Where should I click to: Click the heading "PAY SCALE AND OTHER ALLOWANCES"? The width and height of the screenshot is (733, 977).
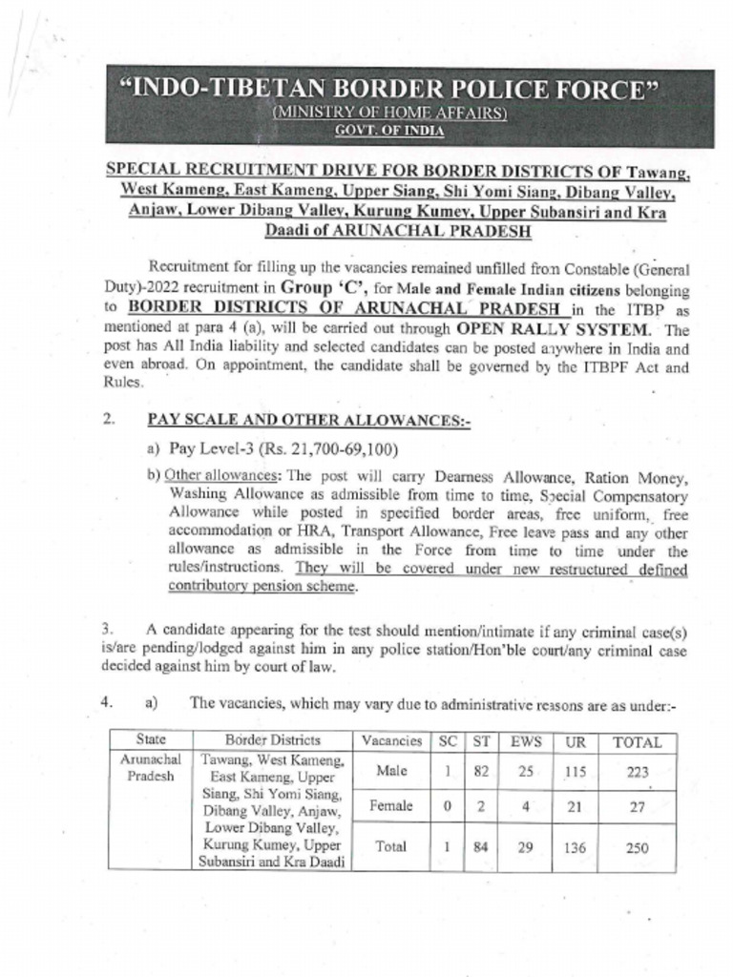coord(308,420)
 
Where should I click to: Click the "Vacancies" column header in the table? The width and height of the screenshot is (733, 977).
coord(391,740)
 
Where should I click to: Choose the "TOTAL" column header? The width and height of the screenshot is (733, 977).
coord(637,741)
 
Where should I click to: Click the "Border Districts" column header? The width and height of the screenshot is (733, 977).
coord(273,740)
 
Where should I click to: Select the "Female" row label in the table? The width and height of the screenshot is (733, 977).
coord(391,806)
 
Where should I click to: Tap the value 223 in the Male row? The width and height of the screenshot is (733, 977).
coord(637,771)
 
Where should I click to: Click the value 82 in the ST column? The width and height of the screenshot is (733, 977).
coord(482,771)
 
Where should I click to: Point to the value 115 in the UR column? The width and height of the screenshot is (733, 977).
coord(576,771)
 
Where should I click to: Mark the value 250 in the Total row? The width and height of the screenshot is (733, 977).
coord(637,846)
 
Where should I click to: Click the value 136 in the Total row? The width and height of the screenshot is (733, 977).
coord(576,846)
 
